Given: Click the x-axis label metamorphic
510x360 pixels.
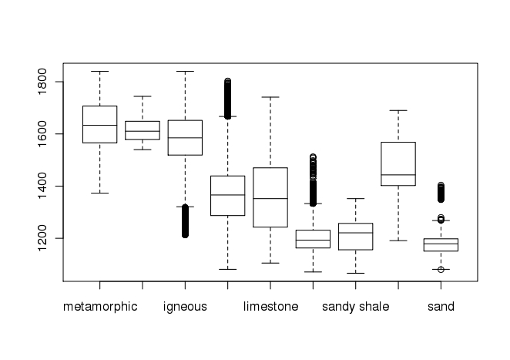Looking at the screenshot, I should point(100,307).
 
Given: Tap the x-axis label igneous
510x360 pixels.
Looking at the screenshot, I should point(185,307).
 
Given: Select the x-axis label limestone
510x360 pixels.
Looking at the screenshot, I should point(270,307).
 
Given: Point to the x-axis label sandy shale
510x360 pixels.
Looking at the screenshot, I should point(355,307).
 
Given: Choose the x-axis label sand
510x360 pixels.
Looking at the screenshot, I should point(441,307).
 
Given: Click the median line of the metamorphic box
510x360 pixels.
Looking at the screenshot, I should point(99,125).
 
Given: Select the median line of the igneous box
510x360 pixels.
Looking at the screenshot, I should point(185,137).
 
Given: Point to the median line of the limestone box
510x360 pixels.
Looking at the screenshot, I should point(270,198).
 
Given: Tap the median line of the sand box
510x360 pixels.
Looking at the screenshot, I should point(441,244).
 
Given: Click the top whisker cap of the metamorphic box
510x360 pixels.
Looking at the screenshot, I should point(99,71).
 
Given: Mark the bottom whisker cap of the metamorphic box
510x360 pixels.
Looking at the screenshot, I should point(99,193).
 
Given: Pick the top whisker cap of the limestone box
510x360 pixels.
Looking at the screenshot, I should point(270,97).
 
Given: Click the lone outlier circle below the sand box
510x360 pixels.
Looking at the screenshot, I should point(441,270).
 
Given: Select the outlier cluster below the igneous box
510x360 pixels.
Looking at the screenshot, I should point(185,224).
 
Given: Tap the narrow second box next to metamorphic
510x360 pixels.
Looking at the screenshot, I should point(143,130).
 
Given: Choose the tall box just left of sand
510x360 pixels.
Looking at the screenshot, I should point(398,164).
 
